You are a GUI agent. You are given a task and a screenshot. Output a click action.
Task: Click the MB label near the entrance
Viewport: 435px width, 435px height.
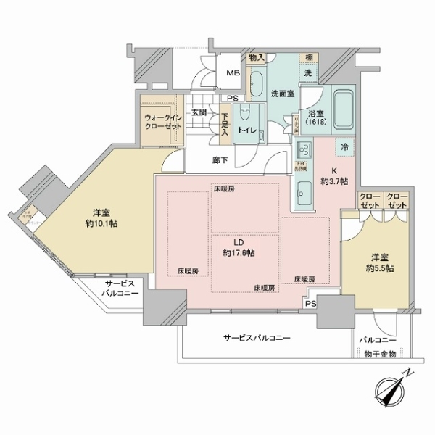[x=233, y=73]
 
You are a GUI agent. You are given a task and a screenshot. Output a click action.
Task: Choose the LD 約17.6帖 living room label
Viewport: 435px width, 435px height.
[x=239, y=248]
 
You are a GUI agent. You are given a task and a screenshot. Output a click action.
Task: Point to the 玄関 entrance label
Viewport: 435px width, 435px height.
[x=199, y=112]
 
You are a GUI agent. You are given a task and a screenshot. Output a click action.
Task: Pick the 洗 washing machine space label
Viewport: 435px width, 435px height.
[x=307, y=73]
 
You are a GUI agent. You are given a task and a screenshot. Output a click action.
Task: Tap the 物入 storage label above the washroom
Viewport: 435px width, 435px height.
[x=256, y=57]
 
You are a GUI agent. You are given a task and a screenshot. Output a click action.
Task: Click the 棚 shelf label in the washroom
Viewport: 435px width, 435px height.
[x=308, y=58]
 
